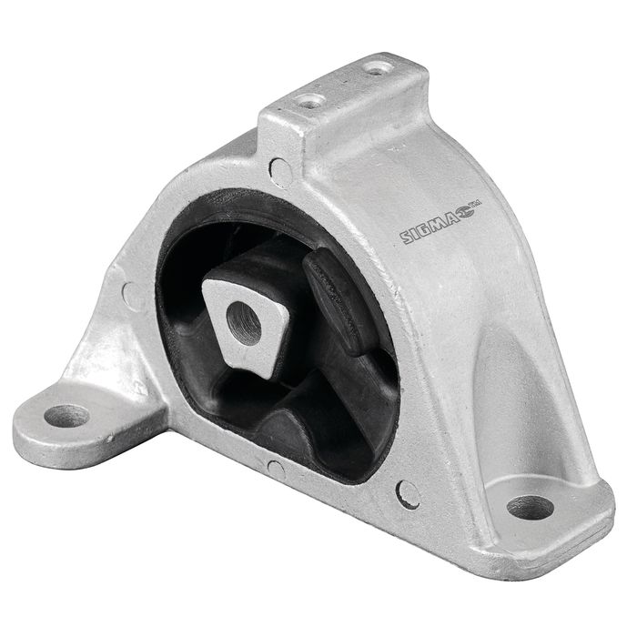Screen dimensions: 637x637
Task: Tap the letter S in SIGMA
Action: (407, 238)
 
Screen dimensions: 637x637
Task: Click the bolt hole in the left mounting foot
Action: (66, 416)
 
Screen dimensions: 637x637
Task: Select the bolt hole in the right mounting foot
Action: (530, 507)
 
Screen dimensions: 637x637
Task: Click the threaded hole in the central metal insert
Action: (243, 323)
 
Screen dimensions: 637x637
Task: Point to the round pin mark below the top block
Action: (280, 172)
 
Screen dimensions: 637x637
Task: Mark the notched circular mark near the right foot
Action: (408, 494)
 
